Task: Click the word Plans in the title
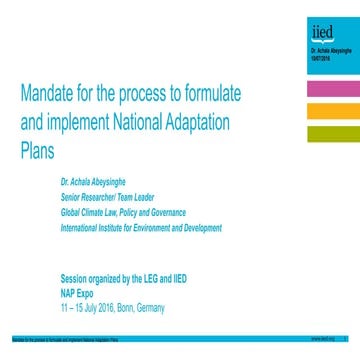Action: coord(34,153)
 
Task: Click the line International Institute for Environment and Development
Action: coord(141,227)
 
